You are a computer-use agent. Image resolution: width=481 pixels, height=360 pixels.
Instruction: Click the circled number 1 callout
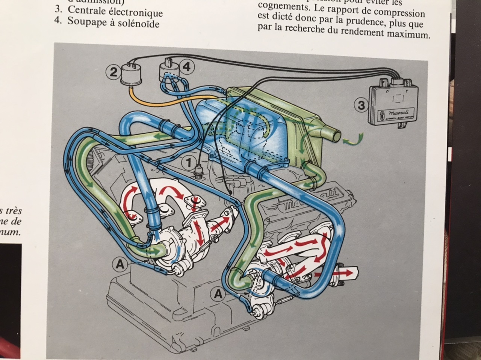pyautogui.click(x=188, y=162)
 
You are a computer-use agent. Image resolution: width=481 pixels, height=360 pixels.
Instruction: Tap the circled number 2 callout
pyautogui.click(x=113, y=72)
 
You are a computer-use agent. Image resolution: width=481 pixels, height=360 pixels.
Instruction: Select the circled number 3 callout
pyautogui.click(x=361, y=106)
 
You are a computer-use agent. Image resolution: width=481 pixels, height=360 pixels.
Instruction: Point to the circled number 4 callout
pyautogui.click(x=187, y=67)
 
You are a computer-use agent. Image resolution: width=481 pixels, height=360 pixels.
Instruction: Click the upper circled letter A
pyautogui.click(x=119, y=265)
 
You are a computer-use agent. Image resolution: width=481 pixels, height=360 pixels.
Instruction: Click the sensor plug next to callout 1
pyautogui.click(x=198, y=172)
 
